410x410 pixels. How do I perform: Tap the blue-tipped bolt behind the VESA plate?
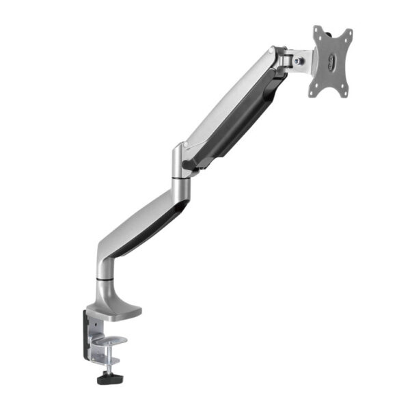click(x=299, y=61)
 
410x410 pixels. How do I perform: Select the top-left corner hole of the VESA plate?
click(x=318, y=32)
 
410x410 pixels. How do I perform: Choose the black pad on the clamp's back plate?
click(x=88, y=335)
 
